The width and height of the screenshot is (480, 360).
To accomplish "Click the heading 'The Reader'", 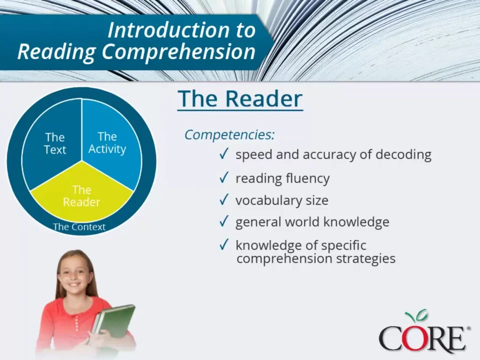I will [240, 98].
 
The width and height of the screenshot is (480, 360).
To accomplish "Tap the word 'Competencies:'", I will [229, 134].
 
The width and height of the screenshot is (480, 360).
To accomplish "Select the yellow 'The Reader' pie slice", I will [81, 196].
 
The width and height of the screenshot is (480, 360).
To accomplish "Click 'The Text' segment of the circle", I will [54, 143].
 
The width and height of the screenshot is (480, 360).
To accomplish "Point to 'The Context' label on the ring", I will [79, 226].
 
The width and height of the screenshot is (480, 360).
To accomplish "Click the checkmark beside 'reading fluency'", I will [224, 177].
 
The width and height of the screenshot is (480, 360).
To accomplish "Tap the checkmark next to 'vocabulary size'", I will [224, 200].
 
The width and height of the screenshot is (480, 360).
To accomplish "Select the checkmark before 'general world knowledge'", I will [224, 221].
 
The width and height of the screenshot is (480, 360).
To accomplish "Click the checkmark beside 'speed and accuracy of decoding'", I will [224, 153].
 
